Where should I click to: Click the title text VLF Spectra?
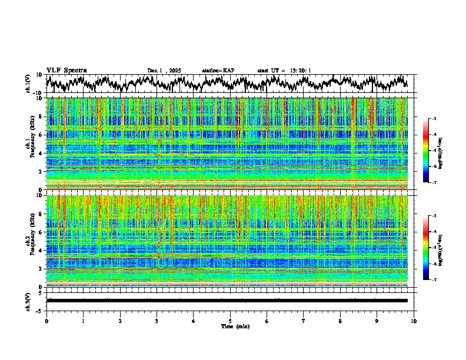point(66,71)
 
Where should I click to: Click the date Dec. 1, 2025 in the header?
point(164,71)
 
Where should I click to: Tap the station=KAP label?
point(218,71)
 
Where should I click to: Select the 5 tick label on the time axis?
point(230,321)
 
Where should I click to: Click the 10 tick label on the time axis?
point(414,321)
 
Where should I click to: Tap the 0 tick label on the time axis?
point(46,321)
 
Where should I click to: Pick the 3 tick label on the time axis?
point(157,321)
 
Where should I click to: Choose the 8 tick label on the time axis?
point(340,321)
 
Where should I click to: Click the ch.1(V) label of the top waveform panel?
point(28,84)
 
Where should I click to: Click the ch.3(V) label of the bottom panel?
point(28,300)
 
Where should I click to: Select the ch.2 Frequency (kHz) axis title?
point(31,241)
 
